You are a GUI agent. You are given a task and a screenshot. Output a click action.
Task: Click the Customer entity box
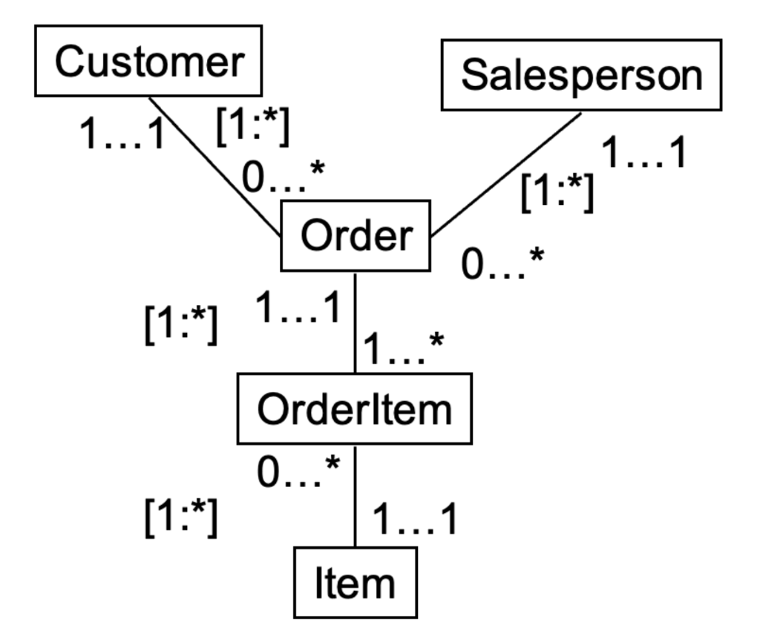148,61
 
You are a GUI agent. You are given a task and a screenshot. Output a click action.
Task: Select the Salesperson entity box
581,75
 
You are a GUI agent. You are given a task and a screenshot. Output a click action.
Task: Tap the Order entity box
355,236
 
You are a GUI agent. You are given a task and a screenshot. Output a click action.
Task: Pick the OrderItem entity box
354,409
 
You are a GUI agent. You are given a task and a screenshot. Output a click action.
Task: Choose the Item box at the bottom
355,583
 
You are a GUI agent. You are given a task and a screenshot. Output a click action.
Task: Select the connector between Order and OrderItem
356,322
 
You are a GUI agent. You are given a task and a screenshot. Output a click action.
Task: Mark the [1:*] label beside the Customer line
252,126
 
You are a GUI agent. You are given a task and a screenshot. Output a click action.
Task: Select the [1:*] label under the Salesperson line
557,192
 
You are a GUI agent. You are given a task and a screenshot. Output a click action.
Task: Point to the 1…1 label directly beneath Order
298,307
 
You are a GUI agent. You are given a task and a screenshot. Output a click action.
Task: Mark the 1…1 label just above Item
414,519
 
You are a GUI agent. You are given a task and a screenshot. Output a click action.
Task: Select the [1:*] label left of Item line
181,517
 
